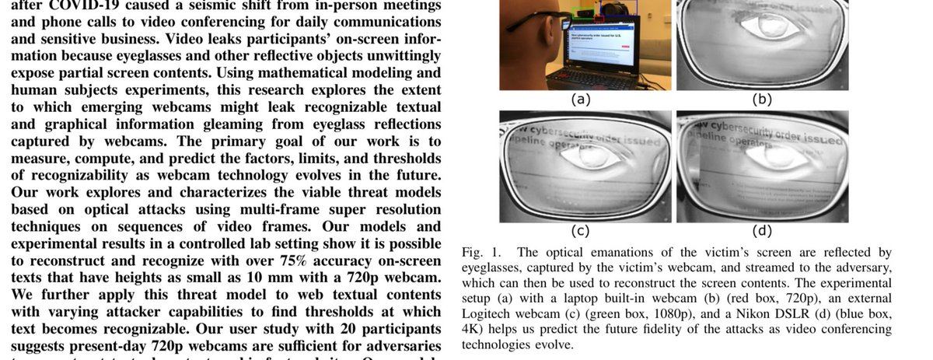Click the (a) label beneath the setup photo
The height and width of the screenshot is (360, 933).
[581, 100]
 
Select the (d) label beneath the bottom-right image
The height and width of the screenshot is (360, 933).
[762, 230]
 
